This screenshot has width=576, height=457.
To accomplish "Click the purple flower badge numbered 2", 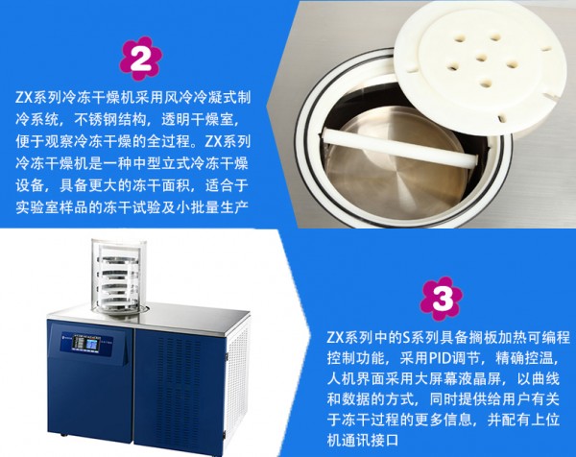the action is (141, 59).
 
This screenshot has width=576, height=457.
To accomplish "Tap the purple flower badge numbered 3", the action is (442, 299).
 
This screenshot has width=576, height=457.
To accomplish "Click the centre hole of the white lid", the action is (480, 58).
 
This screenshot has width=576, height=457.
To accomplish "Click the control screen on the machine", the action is (92, 345).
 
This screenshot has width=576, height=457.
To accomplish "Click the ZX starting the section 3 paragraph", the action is (335, 337).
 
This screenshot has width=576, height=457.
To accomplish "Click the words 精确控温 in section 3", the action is (523, 358).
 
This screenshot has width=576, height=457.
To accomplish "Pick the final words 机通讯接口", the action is (363, 440).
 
